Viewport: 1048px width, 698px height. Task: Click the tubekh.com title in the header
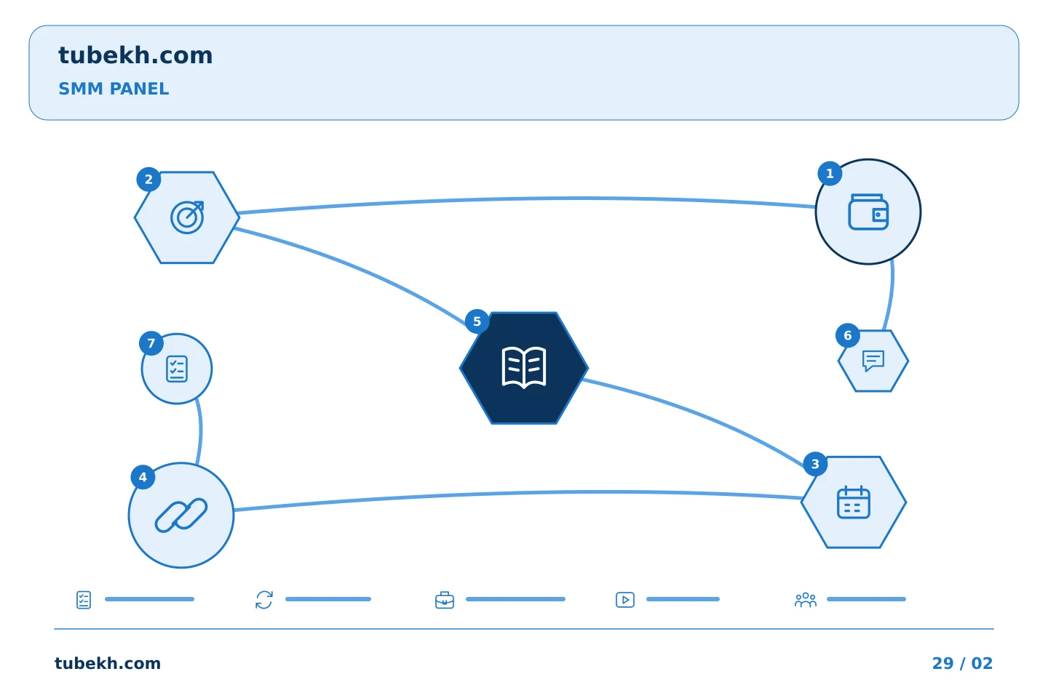135,56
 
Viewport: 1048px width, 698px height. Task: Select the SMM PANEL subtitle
114,89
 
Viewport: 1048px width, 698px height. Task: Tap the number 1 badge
830,174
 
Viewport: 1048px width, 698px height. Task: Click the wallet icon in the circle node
868,212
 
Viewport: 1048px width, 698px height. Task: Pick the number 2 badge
148,180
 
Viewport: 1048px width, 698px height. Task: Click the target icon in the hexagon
187,217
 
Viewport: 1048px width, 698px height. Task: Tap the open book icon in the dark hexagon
524,367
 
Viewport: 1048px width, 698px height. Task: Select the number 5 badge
477,321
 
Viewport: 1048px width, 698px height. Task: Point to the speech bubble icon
873,361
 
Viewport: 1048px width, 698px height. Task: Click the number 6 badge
848,336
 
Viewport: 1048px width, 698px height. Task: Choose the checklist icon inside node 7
177,369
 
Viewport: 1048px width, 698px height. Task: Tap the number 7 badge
151,344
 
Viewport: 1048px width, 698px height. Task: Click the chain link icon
181,516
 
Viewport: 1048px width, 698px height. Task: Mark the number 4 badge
143,478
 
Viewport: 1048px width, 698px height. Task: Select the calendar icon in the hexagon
854,502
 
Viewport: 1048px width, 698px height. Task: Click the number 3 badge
815,464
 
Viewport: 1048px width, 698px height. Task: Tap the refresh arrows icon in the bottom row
264,600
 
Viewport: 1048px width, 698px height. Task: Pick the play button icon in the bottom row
625,600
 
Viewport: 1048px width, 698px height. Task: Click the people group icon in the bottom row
805,600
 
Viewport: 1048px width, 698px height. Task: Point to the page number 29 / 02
962,663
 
